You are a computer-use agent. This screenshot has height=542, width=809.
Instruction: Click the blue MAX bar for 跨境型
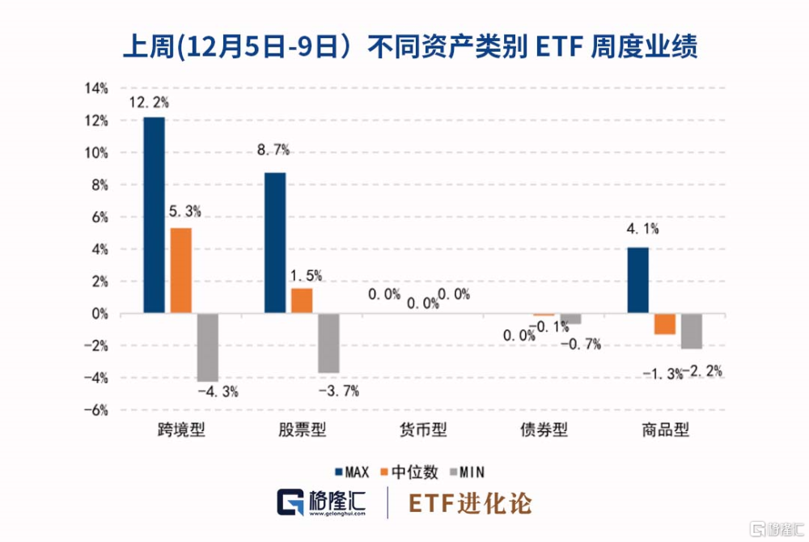[x=154, y=215]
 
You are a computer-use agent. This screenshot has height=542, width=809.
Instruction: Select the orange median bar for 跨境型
[x=180, y=271]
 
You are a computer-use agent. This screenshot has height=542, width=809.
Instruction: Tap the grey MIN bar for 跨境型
[x=207, y=347]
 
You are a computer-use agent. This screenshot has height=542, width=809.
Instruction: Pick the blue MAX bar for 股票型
[x=275, y=243]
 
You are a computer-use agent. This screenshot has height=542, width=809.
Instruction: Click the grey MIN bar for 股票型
[x=328, y=343]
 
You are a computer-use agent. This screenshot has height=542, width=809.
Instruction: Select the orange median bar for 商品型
[x=665, y=324]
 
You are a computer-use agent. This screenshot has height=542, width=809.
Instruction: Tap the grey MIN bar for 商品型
[x=692, y=331]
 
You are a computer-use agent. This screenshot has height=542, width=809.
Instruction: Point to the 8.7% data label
[x=273, y=149]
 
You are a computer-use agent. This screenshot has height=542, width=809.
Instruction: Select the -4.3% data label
[x=218, y=392]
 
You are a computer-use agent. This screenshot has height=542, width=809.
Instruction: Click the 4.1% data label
[x=642, y=229]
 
